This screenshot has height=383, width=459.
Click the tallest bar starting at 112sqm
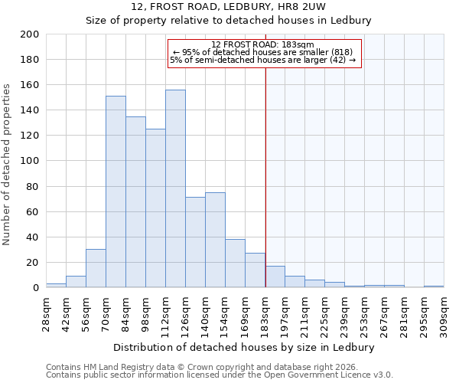(175, 188)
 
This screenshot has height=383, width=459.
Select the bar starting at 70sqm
(116, 191)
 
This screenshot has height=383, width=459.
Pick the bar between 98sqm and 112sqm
(155, 208)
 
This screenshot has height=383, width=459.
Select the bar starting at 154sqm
(235, 263)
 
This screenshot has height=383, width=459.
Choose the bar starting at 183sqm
(275, 277)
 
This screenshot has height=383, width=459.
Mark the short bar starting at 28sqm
(56, 285)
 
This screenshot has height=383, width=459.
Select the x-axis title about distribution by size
(249, 347)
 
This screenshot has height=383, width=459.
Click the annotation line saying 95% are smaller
(263, 52)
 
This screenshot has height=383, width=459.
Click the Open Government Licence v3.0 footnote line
(220, 375)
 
